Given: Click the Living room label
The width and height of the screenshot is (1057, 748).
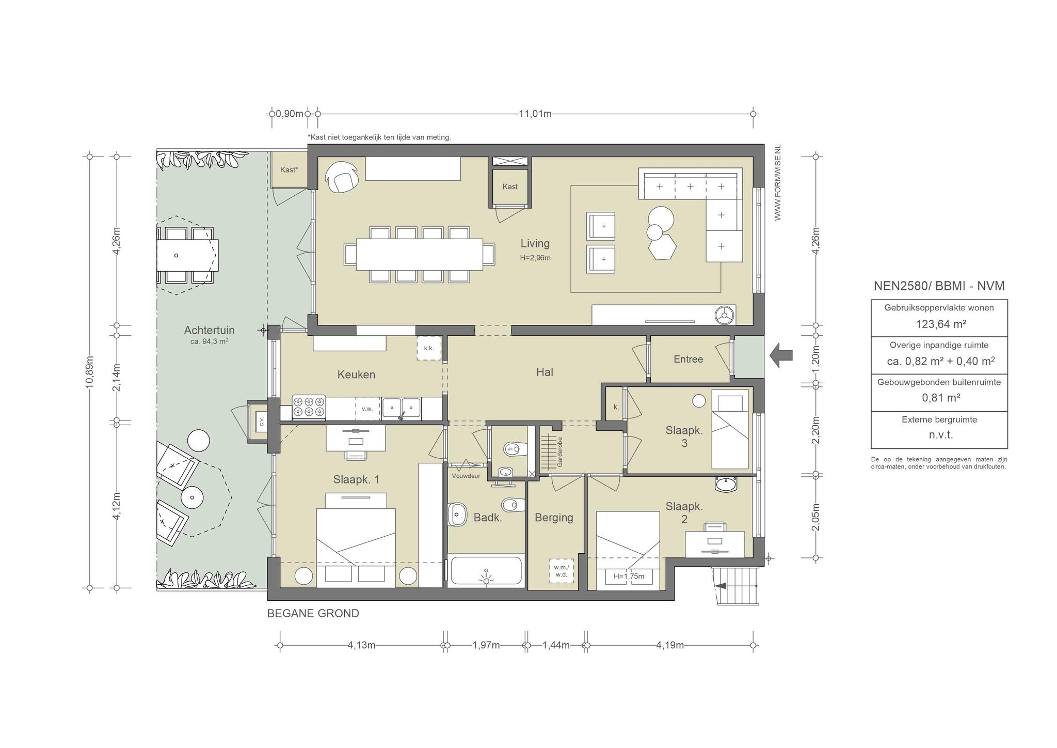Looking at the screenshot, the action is [x=535, y=243].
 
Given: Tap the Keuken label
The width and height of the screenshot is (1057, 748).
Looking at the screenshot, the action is [x=356, y=375].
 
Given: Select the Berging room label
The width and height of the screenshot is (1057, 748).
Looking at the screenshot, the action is [x=554, y=518].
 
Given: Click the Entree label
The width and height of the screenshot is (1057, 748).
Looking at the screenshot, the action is [x=688, y=359].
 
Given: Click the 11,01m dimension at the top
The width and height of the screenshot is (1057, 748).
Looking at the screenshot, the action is [x=535, y=114].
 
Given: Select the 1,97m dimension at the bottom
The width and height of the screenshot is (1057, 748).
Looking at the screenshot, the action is [x=486, y=645].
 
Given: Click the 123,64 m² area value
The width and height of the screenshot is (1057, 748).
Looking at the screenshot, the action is [x=941, y=324].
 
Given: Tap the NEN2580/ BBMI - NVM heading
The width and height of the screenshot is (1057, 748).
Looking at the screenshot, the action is [x=939, y=286].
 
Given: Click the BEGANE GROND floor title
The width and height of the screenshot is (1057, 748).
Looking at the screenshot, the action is [x=313, y=614].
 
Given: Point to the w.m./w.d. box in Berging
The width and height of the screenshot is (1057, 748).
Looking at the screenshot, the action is [x=561, y=571].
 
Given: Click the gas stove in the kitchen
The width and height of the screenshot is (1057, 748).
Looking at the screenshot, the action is [x=309, y=407].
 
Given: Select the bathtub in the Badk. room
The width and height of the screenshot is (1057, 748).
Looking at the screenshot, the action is [x=485, y=571].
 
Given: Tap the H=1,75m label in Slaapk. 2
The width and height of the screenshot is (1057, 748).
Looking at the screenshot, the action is [x=629, y=576].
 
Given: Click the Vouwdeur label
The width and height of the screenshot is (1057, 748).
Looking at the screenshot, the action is [x=466, y=476].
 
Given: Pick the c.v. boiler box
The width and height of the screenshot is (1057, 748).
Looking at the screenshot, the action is [x=261, y=422].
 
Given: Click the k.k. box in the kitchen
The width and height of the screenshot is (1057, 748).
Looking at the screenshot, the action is [x=429, y=348].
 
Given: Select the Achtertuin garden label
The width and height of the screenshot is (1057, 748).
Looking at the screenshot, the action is [x=209, y=330].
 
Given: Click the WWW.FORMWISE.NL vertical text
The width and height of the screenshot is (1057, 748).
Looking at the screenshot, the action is [x=778, y=183].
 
